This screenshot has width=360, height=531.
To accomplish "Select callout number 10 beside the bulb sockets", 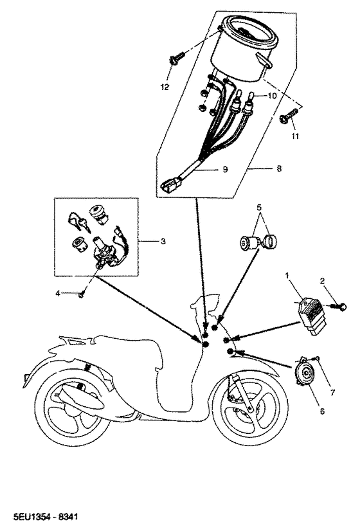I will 273,95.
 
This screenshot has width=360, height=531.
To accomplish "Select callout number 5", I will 260,208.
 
